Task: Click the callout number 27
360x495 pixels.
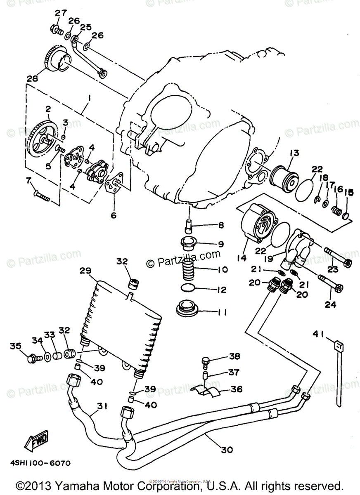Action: [x=61, y=13]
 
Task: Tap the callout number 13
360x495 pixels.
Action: [x=294, y=153]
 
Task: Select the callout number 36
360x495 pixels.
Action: [x=237, y=389]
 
